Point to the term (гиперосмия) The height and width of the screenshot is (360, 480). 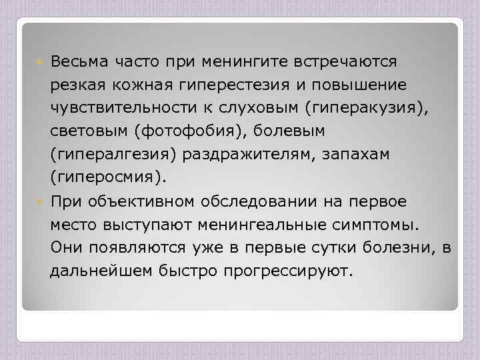pos(105,178)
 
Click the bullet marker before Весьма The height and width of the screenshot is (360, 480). pos(41,62)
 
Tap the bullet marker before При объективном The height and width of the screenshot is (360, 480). pos(41,201)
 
